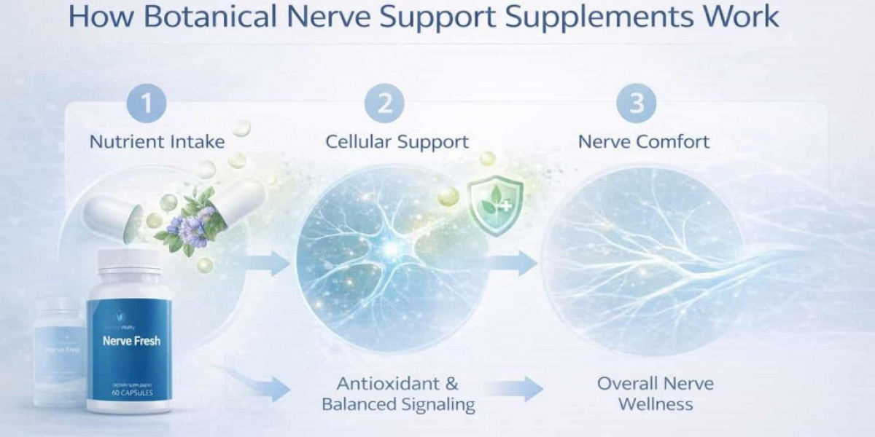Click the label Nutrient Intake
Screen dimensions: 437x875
tap(157, 141)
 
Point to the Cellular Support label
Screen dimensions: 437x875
tap(397, 141)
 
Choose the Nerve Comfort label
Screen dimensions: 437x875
tap(644, 141)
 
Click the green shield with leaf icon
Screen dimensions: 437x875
tap(495, 208)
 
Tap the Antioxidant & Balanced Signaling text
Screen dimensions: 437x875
tap(398, 393)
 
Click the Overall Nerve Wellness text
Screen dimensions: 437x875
tap(655, 393)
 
